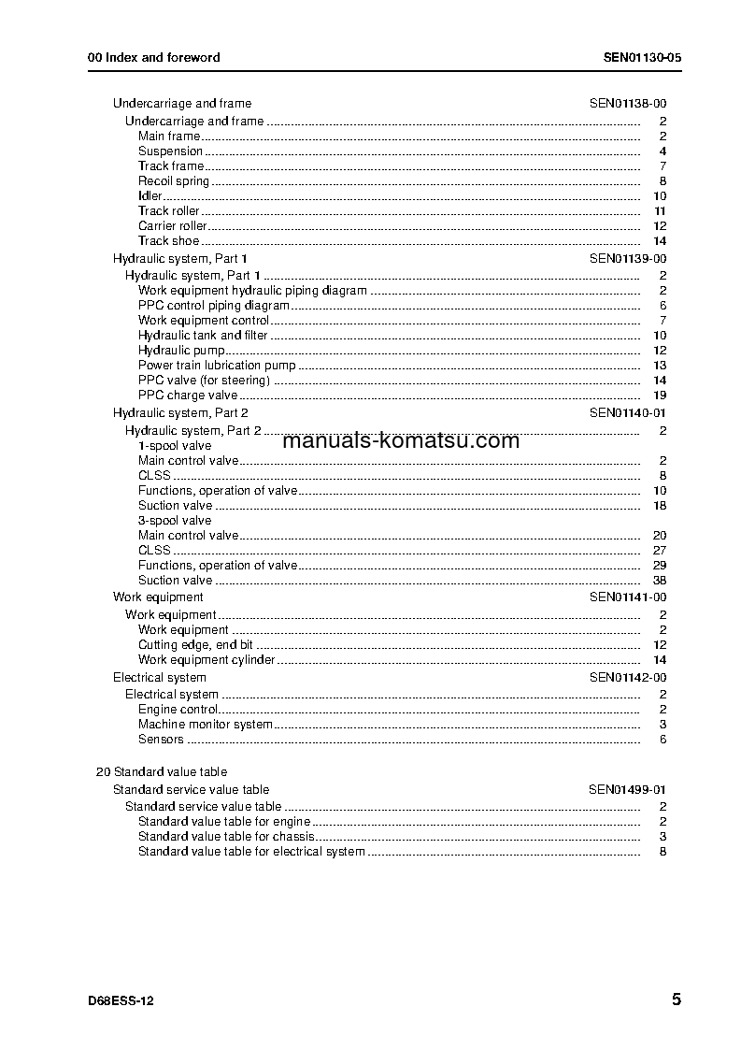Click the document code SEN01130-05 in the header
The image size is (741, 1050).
(642, 57)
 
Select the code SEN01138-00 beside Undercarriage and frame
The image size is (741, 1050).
(627, 104)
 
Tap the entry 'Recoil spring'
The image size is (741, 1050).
(174, 181)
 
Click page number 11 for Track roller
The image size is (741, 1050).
(660, 211)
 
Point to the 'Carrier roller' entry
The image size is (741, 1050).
(172, 226)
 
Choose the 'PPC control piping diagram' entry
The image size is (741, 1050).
(214, 306)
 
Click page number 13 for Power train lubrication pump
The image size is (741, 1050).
(660, 366)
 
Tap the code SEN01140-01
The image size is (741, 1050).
(627, 412)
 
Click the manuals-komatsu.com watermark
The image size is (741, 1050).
(400, 441)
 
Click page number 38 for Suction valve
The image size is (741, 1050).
(660, 581)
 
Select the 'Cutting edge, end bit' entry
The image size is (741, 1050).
(195, 645)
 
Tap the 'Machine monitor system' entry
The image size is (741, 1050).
(206, 725)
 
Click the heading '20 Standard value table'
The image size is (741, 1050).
(162, 772)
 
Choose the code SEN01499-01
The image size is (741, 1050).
(627, 790)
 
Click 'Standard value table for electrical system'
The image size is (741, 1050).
(251, 852)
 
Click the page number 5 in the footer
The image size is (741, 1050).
(676, 1000)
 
